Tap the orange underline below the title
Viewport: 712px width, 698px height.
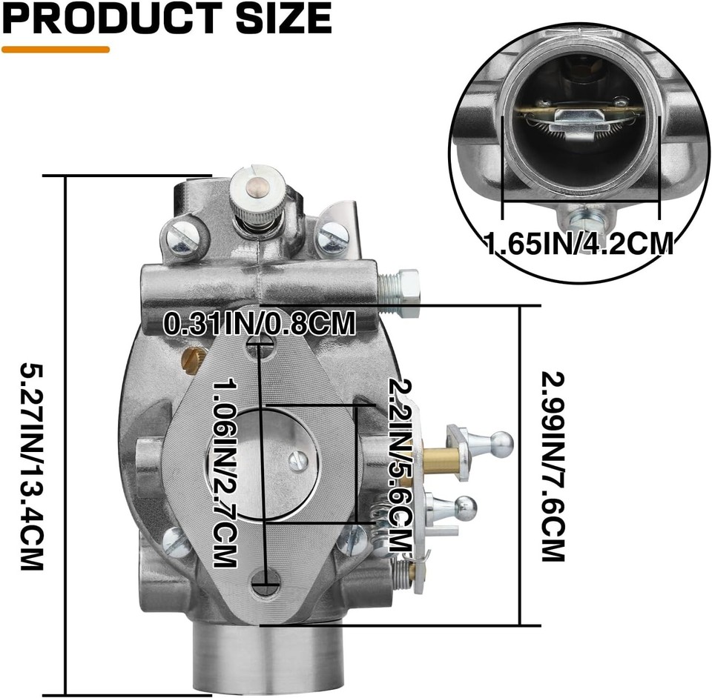coord(56,50)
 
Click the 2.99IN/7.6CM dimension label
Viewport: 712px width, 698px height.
coord(553,465)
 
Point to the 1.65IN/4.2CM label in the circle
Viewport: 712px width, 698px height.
coord(579,243)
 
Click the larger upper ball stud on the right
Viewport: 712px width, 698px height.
coord(502,443)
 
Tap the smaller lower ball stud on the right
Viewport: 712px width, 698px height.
coord(465,508)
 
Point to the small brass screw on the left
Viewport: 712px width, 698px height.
coord(191,360)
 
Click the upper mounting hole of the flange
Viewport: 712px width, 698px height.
coord(260,342)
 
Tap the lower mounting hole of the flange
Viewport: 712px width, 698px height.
coord(266,582)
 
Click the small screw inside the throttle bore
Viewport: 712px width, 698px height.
coord(298,461)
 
